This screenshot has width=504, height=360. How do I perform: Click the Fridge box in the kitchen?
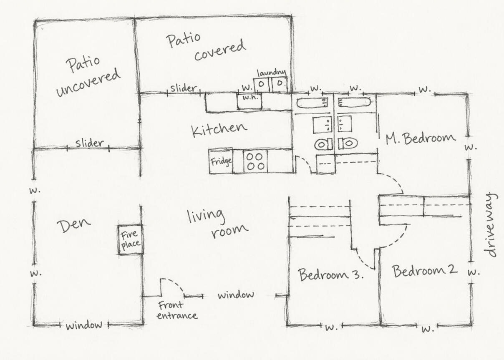click(x=220, y=161)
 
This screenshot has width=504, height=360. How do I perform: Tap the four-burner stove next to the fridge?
click(x=255, y=161)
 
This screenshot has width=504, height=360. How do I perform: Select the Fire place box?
click(x=131, y=240)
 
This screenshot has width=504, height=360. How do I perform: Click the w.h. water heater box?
click(x=249, y=101)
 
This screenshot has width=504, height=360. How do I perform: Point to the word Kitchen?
click(x=219, y=130)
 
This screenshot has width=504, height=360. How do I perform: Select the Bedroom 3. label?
click(x=331, y=274)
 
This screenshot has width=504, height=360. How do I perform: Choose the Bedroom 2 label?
click(x=425, y=271)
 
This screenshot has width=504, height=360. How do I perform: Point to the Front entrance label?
click(x=177, y=310)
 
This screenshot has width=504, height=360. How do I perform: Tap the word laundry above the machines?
click(x=272, y=73)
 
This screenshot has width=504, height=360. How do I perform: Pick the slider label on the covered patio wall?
click(x=184, y=88)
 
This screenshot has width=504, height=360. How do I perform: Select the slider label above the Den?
click(x=90, y=143)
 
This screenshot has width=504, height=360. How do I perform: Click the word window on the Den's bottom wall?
click(x=84, y=325)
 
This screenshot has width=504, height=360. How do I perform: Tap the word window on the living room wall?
click(x=236, y=295)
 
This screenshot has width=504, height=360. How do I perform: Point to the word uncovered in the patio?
click(x=88, y=82)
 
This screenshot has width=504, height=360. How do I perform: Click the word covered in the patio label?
click(x=220, y=50)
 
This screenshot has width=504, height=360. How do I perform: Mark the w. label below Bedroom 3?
click(x=331, y=327)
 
